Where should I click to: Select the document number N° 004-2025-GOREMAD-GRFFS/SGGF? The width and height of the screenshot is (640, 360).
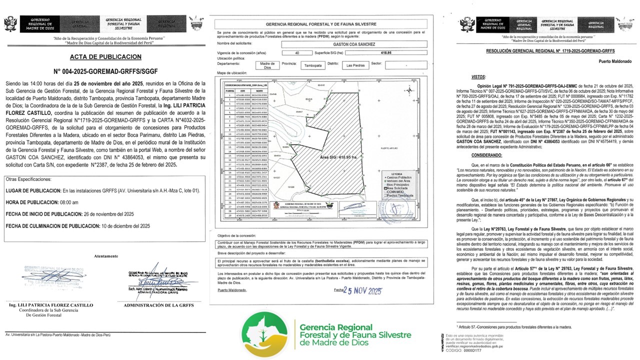coord(105,71)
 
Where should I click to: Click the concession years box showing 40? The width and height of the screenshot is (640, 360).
coord(297,52)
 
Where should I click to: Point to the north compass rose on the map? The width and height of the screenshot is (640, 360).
coord(409,90)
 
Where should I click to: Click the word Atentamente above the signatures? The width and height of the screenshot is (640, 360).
coord(106,256)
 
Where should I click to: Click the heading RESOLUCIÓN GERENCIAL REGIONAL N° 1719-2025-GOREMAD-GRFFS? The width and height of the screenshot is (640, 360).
coord(536,51)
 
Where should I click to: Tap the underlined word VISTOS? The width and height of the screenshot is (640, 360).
coord(478,78)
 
